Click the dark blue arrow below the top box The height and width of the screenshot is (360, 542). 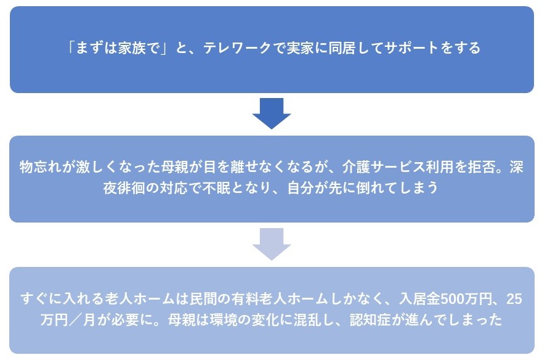272,113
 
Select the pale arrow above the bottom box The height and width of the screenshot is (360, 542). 272,244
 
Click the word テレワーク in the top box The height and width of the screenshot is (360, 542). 237,47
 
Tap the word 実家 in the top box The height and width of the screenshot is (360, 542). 300,47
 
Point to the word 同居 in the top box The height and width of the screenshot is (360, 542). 341,47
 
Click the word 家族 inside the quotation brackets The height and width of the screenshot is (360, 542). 131,47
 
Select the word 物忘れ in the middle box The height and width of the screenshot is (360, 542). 41,166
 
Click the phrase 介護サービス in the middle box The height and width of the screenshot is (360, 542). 384,166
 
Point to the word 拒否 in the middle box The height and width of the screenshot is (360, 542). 482,166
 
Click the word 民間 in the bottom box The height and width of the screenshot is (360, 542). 203,299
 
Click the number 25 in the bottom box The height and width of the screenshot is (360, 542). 514,299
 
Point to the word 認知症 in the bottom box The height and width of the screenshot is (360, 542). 370,320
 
